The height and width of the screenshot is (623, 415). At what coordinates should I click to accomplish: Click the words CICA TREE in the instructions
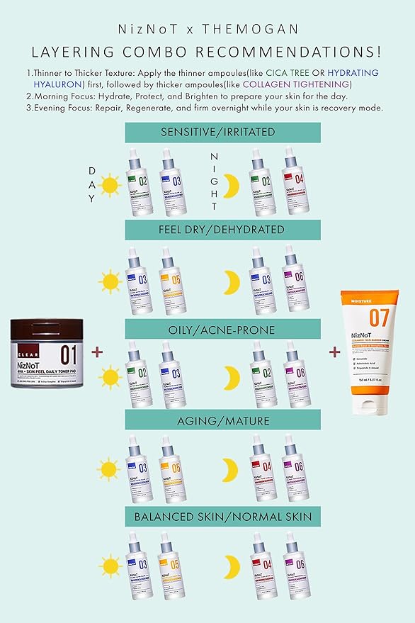[290, 73]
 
